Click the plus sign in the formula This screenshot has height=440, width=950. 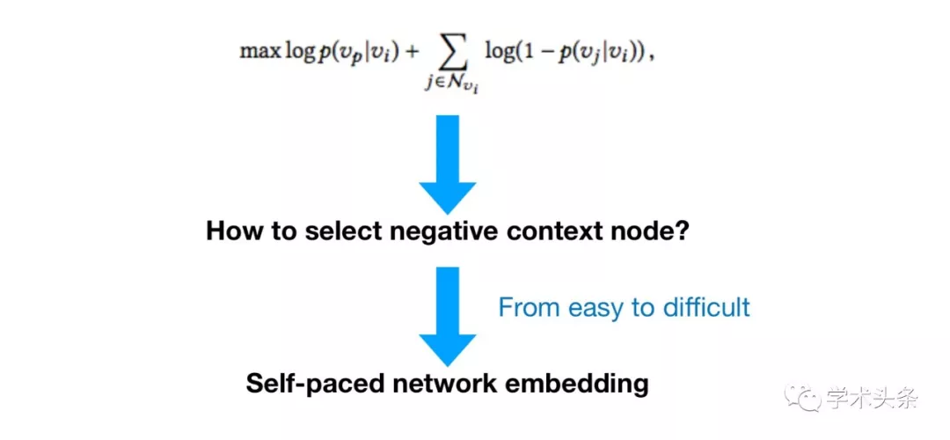coord(411,52)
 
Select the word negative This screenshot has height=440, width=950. coord(442,232)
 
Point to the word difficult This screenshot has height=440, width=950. coord(710,307)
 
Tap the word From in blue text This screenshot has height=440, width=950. coord(528,307)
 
